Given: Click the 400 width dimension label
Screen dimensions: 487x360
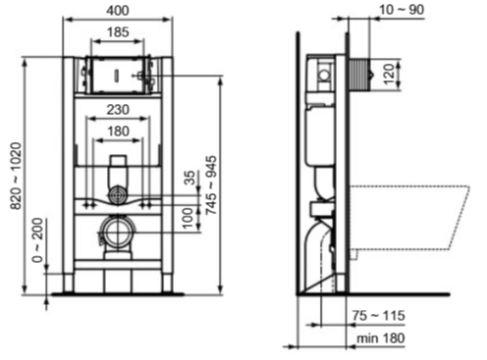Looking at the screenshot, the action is tap(118, 11).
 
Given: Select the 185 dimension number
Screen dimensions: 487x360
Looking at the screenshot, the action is tap(118, 32).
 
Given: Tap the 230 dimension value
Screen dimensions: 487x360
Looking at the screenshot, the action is tap(118, 110).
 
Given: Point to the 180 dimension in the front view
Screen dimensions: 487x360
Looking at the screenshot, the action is tap(118, 131).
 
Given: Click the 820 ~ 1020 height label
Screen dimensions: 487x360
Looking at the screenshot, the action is tap(17, 177).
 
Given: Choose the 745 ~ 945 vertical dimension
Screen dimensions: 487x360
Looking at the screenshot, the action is tap(211, 185).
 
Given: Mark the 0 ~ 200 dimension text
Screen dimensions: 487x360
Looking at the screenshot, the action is tap(38, 240).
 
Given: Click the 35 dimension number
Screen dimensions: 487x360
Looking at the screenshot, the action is tap(189, 178).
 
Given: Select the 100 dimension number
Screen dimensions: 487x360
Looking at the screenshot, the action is tap(188, 218).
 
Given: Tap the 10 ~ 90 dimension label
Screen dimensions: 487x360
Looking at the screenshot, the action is tap(402, 10).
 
